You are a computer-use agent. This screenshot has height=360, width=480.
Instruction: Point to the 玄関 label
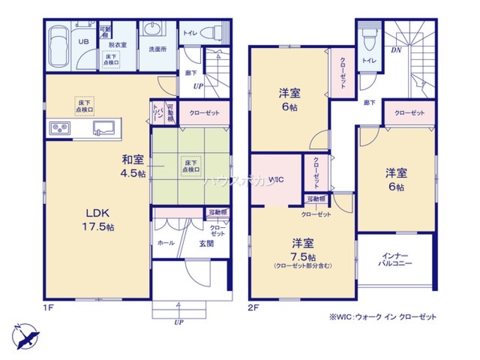click(207, 243)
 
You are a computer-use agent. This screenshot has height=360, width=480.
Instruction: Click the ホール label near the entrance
click(166, 243)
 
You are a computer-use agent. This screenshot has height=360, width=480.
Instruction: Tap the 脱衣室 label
click(117, 44)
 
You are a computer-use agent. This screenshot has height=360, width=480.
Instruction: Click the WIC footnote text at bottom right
click(383, 317)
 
